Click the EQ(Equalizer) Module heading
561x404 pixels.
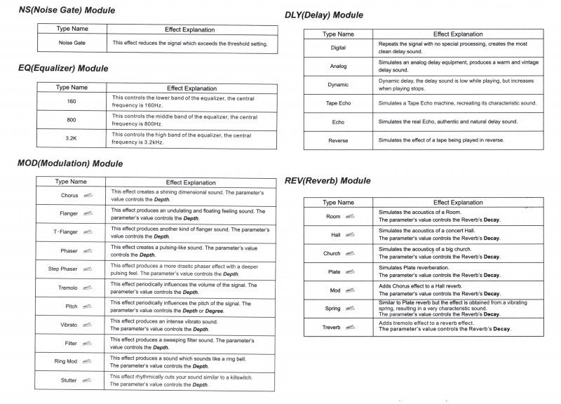click(x=63, y=69)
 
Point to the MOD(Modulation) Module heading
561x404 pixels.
click(x=69, y=163)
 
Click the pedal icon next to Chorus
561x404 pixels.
click(x=88, y=195)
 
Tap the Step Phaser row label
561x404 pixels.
click(x=63, y=269)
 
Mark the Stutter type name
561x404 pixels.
click(x=69, y=380)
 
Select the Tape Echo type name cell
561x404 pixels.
click(x=338, y=103)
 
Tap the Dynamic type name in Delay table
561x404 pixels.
click(x=338, y=85)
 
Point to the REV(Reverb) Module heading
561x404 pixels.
click(x=327, y=181)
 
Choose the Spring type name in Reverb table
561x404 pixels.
click(x=333, y=309)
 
